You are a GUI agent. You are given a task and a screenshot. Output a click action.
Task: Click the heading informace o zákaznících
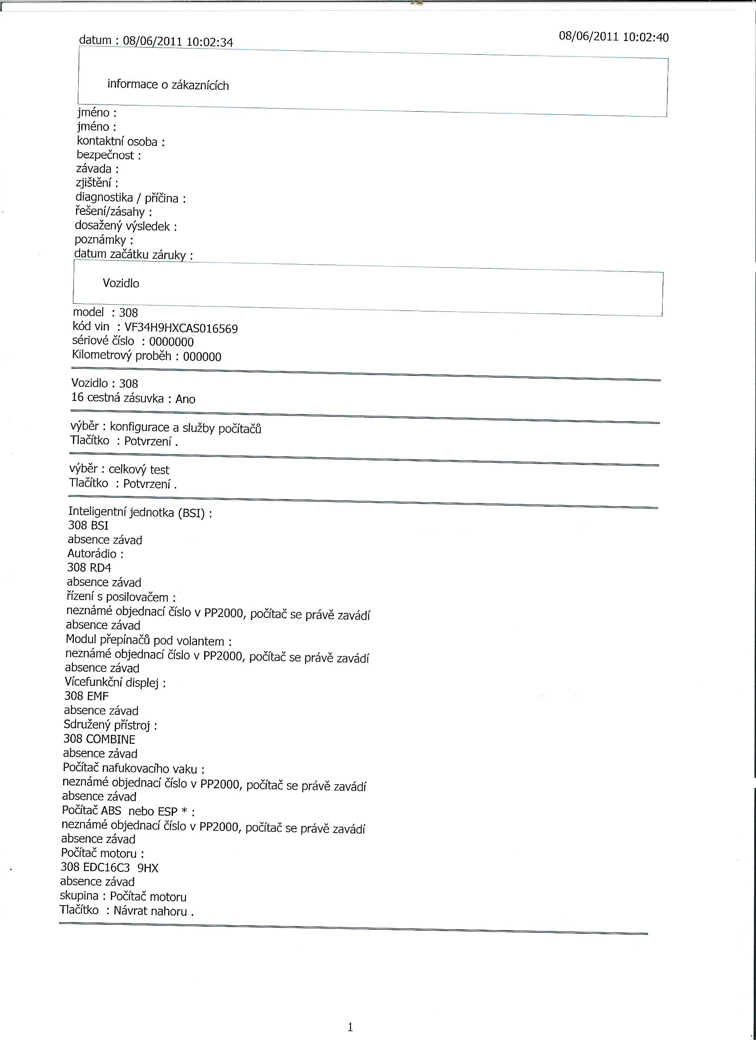click(168, 85)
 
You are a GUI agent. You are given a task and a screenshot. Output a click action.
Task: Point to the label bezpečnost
click(105, 155)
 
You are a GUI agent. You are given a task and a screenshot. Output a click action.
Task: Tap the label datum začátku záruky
click(130, 254)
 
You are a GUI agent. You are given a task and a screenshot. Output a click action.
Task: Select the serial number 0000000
click(172, 342)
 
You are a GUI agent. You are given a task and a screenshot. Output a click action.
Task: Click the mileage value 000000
click(202, 357)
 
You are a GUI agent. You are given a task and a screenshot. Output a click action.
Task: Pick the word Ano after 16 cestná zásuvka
click(185, 399)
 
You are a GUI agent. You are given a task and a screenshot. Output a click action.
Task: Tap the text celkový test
click(139, 470)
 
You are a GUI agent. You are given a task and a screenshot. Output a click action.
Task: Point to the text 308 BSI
click(88, 525)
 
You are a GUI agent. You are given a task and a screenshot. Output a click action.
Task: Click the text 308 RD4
click(89, 568)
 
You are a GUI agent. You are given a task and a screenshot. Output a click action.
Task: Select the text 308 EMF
click(86, 696)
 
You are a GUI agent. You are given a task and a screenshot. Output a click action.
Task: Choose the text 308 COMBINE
click(99, 739)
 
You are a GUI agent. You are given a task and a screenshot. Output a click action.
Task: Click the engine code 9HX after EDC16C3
click(148, 867)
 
